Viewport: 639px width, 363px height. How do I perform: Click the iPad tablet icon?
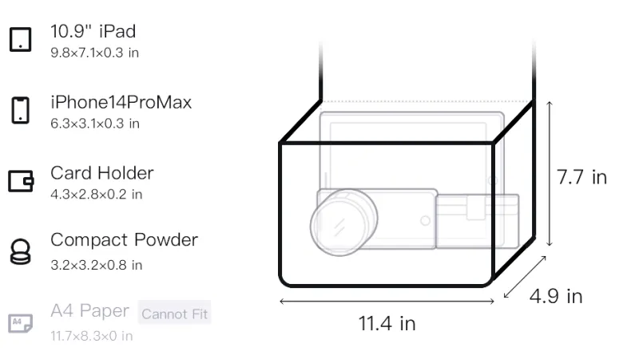click(x=21, y=39)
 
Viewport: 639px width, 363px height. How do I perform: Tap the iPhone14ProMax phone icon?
click(x=21, y=110)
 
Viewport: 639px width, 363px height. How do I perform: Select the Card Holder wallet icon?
click(x=21, y=180)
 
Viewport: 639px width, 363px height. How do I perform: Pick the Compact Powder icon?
click(x=21, y=252)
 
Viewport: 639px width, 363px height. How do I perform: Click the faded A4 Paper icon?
click(x=21, y=323)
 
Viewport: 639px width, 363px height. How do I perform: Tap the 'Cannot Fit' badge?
click(x=174, y=314)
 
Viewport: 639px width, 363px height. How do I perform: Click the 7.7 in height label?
click(x=581, y=177)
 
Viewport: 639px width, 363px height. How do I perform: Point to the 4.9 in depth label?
click(x=556, y=296)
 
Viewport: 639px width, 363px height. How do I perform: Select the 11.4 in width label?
click(x=387, y=324)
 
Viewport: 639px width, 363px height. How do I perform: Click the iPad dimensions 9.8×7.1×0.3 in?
click(x=94, y=53)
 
